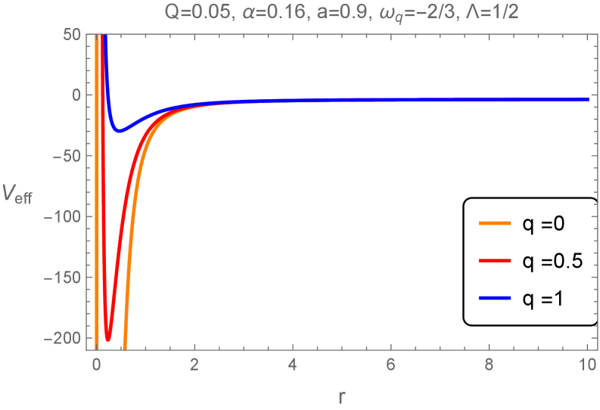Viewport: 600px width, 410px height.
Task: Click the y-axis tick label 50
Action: pyautogui.click(x=71, y=35)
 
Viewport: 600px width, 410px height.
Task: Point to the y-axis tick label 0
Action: pyautogui.click(x=74, y=95)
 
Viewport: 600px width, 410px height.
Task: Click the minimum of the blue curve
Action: pyautogui.click(x=120, y=131)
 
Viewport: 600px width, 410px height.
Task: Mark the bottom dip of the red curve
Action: pyautogui.click(x=108, y=338)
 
